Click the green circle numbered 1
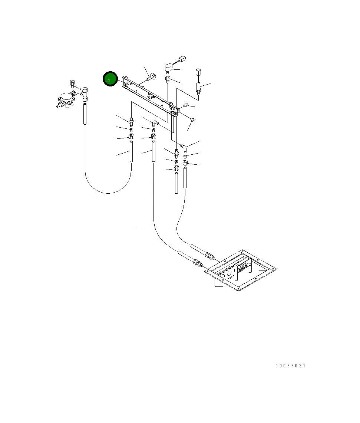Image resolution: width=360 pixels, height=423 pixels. coord(110,79)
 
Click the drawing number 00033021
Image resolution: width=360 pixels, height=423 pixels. coord(290,366)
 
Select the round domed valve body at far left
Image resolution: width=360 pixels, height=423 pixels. coord(66,98)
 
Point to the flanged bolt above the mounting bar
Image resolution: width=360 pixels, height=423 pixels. coord(151,78)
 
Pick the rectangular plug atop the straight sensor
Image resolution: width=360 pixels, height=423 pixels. coord(198,71)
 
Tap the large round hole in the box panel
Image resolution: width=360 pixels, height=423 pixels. coord(229,273)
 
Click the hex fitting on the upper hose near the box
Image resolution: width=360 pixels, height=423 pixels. coord(209,256)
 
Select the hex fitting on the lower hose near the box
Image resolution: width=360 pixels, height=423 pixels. coord(199,264)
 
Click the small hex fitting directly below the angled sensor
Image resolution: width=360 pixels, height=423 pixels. coord(168,79)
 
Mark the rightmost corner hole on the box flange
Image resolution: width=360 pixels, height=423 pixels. coord(274,268)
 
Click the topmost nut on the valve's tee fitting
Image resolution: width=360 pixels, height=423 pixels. coord(73,82)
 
